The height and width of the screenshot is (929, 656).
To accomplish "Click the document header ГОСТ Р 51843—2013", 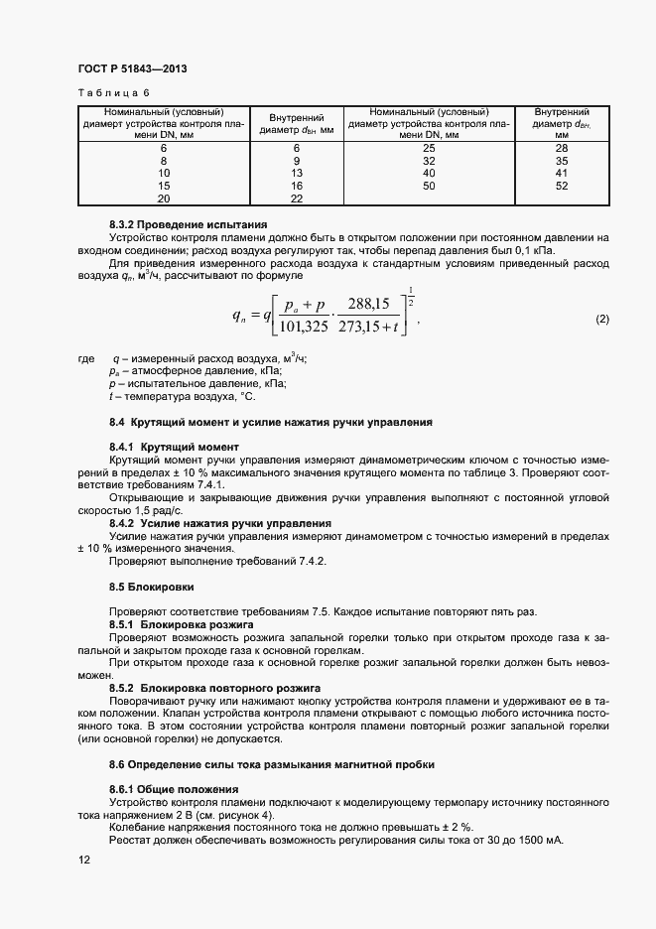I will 132,69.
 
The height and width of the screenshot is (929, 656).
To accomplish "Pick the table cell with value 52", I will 561,186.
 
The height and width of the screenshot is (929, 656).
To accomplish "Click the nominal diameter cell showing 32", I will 429,160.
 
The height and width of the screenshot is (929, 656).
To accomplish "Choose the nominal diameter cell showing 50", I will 429,186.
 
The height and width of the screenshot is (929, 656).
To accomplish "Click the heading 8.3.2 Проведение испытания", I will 174,225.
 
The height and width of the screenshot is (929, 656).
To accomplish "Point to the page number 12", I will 84,864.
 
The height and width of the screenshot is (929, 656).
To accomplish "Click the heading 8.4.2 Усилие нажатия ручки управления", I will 220,522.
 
